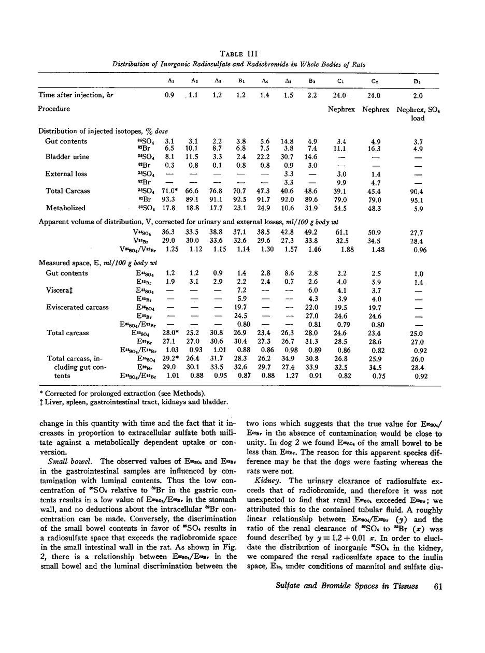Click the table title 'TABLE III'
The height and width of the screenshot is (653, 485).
[x=239, y=53]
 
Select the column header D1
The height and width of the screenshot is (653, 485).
[x=417, y=81]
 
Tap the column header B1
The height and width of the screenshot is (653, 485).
[x=240, y=81]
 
